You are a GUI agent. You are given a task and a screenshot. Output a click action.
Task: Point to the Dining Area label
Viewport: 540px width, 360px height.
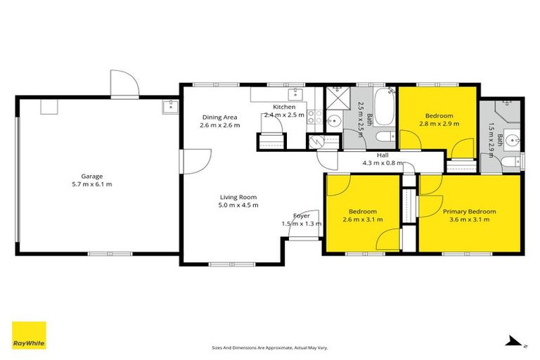(x=219, y=117)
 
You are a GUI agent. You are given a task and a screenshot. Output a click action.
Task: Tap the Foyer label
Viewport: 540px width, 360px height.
(x=302, y=216)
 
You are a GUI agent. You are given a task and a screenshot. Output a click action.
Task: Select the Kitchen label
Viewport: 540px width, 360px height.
(x=284, y=107)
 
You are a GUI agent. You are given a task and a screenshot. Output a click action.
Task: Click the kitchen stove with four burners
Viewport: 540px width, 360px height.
(x=314, y=117)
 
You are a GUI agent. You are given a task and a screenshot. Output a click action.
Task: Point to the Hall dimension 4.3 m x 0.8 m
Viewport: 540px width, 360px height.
(x=383, y=163)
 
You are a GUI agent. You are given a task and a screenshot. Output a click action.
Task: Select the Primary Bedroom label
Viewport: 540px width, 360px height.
(x=469, y=211)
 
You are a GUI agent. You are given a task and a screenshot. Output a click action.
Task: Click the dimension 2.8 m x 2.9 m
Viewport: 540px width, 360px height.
(x=439, y=124)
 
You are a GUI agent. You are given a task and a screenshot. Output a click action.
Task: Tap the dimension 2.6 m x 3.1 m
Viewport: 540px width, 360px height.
(x=363, y=219)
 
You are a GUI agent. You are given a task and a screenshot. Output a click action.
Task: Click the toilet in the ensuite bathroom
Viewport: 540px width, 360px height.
(x=510, y=163)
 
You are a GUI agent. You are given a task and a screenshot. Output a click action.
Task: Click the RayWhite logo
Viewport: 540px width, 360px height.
(x=29, y=335)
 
